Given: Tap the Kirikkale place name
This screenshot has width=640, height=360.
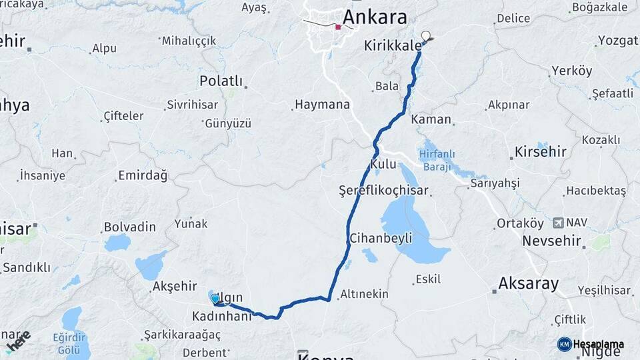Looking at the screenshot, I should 393,46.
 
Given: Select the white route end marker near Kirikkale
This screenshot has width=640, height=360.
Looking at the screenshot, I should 426,36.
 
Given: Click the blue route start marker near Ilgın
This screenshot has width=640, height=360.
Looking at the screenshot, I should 215,299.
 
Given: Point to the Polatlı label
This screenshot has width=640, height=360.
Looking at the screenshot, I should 221,81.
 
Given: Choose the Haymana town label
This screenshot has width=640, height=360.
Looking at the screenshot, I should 322,105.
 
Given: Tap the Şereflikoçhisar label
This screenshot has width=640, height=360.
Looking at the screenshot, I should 383,191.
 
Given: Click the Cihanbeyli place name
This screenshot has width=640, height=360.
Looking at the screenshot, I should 381,238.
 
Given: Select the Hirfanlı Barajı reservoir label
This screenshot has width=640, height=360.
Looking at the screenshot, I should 437,160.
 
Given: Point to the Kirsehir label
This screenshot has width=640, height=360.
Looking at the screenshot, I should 540,152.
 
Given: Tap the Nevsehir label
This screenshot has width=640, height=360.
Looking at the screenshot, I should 551,241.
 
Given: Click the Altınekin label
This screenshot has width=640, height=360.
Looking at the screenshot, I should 365,294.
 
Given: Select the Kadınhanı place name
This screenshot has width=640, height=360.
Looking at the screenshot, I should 222,315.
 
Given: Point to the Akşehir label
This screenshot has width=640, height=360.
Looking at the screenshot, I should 175,286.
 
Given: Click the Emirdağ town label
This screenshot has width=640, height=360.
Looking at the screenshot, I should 142,176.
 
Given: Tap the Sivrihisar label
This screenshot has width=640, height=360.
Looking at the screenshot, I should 193,105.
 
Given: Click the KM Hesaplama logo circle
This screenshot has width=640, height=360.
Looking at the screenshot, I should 564,344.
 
